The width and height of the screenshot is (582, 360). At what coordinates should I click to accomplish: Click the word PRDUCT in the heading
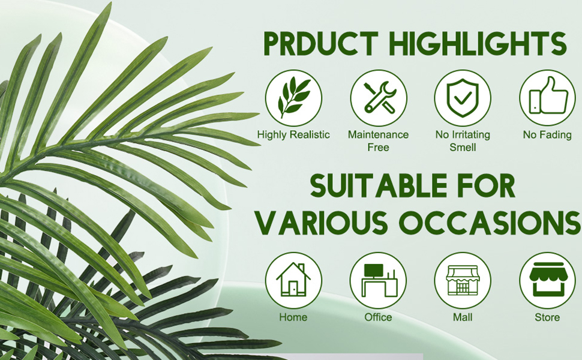click(x=321, y=43)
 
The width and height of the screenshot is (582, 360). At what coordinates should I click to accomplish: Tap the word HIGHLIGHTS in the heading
click(x=479, y=43)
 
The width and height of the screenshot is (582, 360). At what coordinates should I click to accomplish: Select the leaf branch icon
click(x=293, y=98)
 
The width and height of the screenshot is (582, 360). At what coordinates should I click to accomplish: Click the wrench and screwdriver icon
click(x=379, y=98)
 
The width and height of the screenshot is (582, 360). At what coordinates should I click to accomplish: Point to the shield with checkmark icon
click(x=463, y=98)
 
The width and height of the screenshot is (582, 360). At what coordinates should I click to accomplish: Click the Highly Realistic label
click(x=293, y=135)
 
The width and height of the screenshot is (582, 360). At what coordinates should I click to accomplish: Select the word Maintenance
click(x=378, y=134)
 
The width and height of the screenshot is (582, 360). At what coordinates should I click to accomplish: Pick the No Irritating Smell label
click(x=463, y=140)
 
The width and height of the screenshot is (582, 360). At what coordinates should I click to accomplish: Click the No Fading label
click(x=547, y=135)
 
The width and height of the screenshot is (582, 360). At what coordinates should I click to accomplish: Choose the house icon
click(x=293, y=280)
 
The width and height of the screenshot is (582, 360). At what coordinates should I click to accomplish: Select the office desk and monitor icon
click(x=378, y=280)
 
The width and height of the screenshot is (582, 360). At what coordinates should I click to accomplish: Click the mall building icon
click(x=463, y=280)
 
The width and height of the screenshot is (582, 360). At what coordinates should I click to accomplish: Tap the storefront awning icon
click(x=547, y=280)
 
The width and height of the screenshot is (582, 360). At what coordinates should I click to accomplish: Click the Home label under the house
click(x=293, y=317)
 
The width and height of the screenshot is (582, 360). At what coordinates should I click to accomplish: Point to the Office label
click(x=378, y=317)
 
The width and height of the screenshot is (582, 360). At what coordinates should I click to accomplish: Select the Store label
click(x=547, y=317)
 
